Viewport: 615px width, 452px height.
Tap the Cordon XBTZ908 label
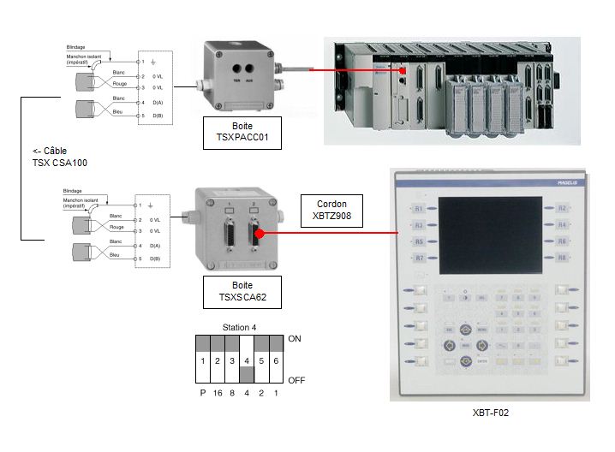coord(331,211)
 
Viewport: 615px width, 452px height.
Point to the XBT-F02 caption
coord(492,413)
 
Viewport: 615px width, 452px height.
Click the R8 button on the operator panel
coord(562,258)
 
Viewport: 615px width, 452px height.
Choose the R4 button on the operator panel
coord(562,225)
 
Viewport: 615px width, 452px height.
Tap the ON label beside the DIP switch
coord(296,339)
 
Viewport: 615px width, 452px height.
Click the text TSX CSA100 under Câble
coord(43,163)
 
